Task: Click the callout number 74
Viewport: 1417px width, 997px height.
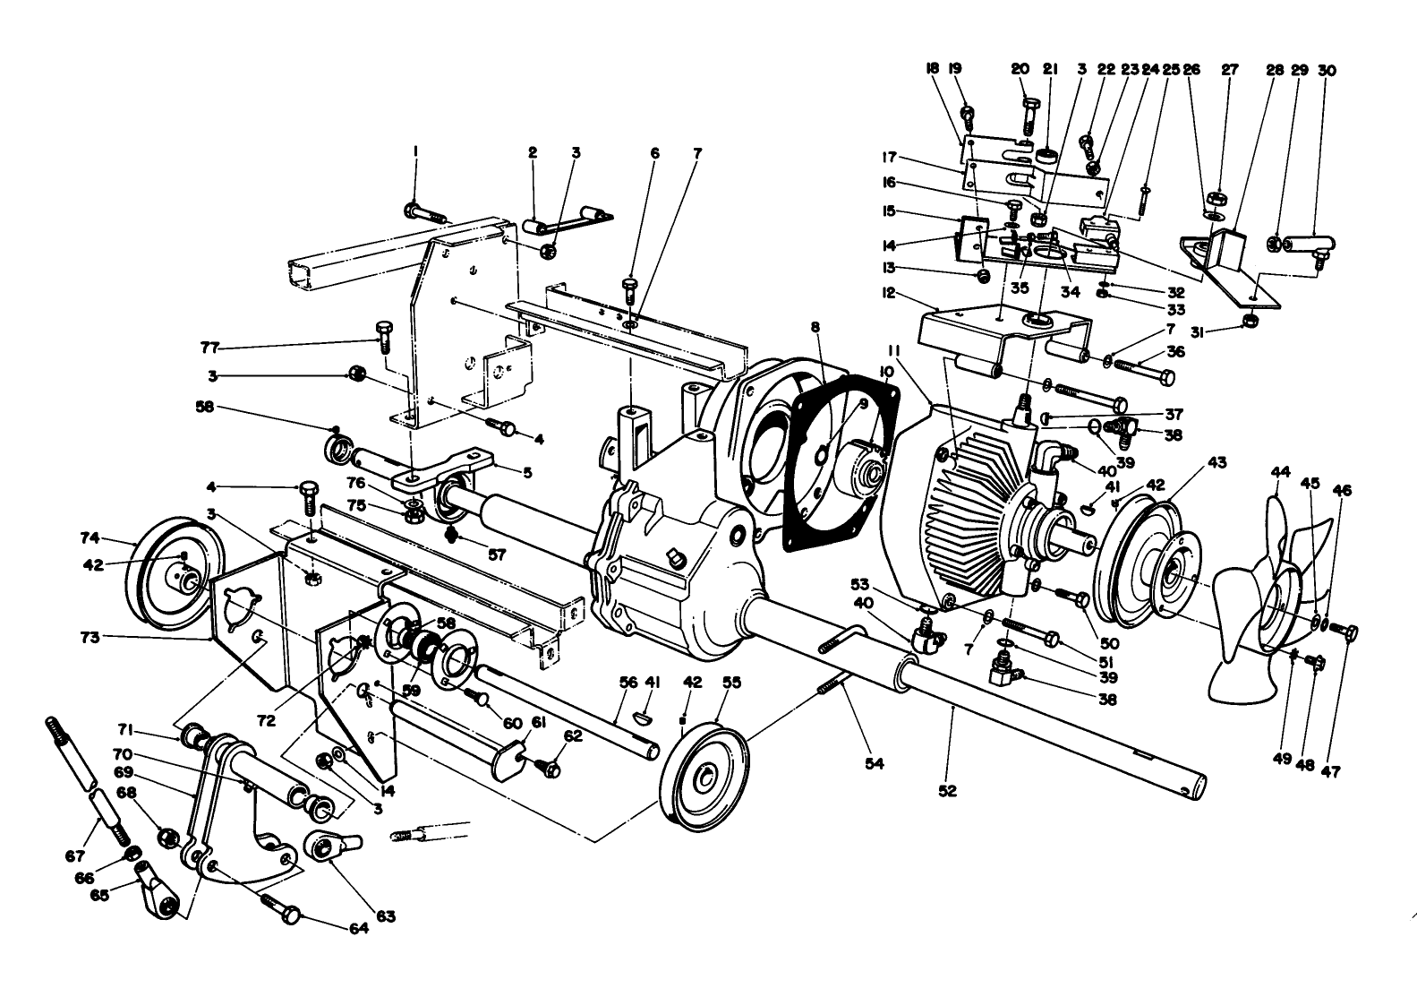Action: click(x=88, y=537)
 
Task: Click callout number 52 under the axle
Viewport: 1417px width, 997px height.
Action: click(x=947, y=791)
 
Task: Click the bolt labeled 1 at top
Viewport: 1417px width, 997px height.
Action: click(x=425, y=212)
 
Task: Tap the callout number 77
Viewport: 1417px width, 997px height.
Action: click(x=209, y=348)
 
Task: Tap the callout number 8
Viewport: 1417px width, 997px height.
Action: click(x=815, y=329)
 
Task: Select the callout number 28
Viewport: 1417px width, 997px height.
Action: click(x=1275, y=70)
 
